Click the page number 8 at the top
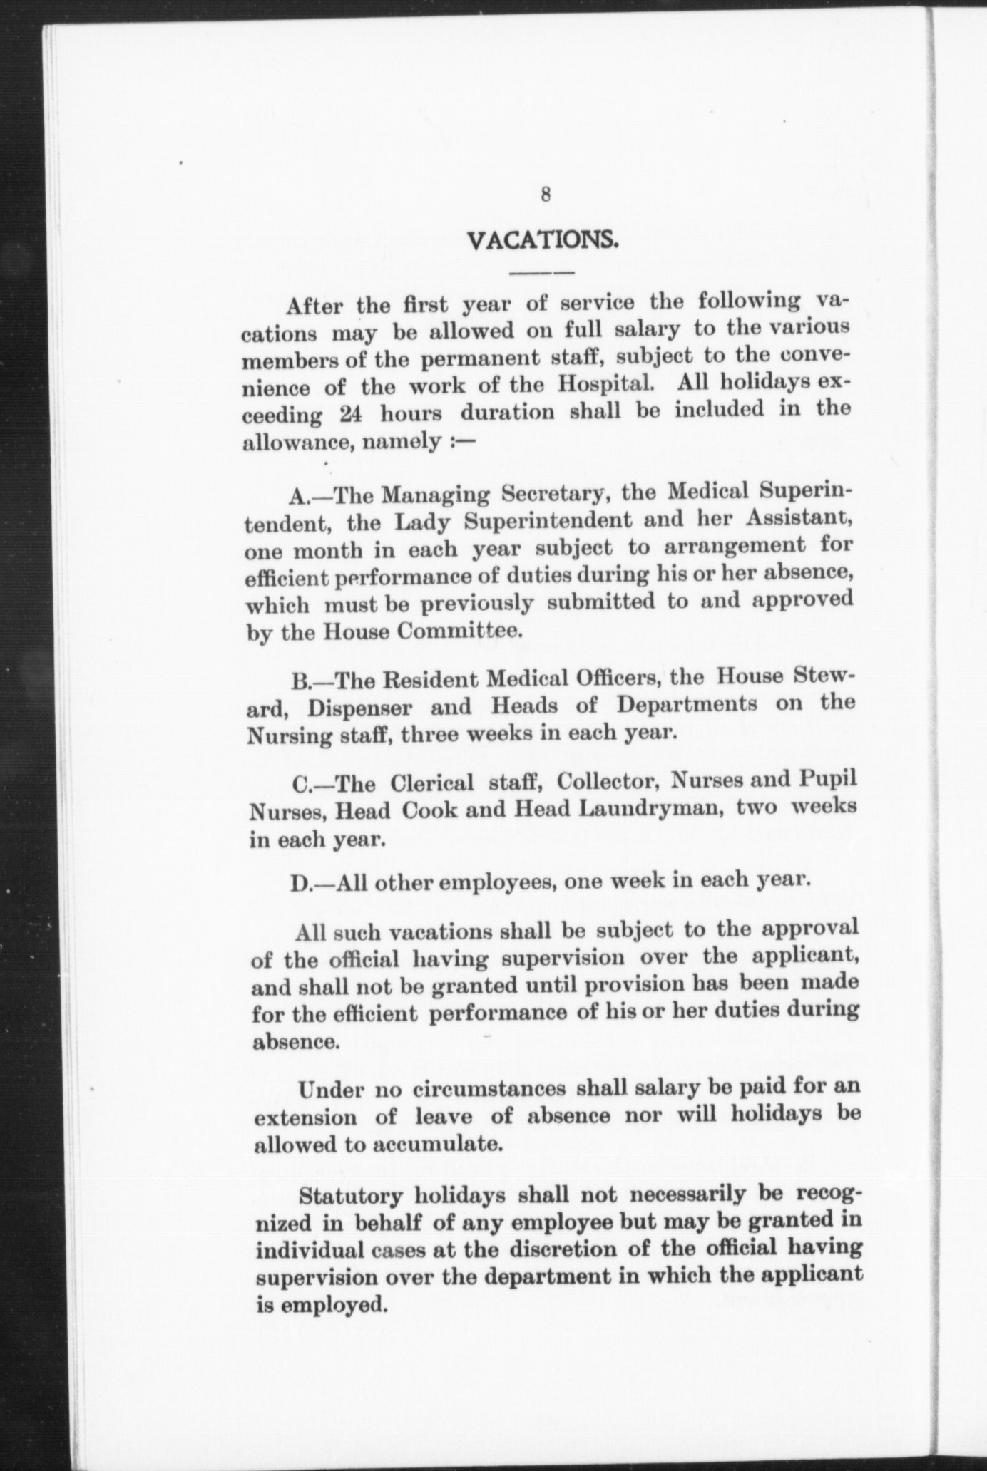coord(545,194)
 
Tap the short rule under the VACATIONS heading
coord(543,273)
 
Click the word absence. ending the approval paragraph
coord(294,1041)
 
